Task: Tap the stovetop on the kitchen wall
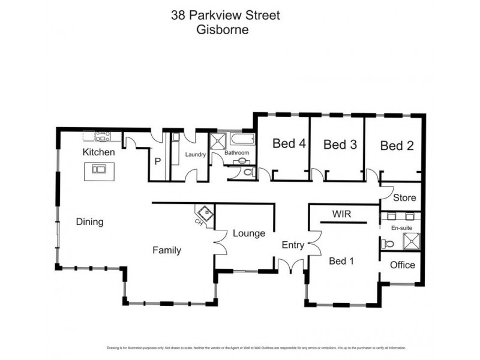101,136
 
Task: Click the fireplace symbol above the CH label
206,213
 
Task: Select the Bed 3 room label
340,144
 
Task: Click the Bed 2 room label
397,145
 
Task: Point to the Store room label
404,197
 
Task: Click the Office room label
402,265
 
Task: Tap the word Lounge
249,233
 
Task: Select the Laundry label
196,154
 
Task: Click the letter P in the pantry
157,161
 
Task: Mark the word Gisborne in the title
222,28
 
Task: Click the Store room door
383,191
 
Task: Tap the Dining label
89,221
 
